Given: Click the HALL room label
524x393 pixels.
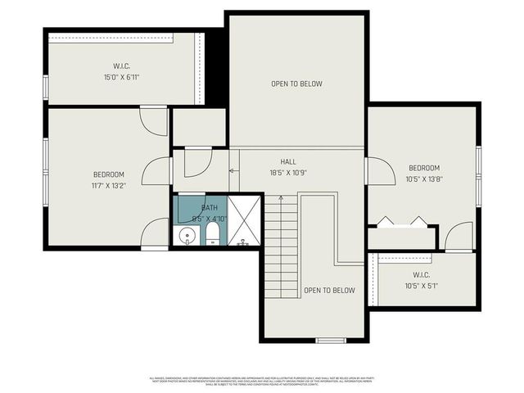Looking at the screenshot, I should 287,162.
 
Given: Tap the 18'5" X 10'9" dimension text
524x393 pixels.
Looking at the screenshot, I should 287,173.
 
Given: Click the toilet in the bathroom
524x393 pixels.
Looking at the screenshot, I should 212,237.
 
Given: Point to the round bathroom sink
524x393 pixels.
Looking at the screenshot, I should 187,237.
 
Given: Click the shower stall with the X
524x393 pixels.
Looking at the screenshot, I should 244,219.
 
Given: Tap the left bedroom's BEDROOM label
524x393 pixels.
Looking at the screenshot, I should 108,174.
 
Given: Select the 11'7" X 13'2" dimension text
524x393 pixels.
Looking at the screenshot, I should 108,186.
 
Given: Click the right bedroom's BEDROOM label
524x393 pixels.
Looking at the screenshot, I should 423,168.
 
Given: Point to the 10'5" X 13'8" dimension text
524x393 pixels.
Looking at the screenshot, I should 423,179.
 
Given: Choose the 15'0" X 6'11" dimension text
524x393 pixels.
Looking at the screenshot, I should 122,77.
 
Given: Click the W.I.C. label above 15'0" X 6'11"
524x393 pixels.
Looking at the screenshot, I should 122,65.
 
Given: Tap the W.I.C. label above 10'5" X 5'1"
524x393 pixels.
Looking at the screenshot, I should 422,274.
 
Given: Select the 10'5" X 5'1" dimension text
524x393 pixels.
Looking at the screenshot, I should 422,286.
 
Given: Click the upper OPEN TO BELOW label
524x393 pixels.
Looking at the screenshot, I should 296,84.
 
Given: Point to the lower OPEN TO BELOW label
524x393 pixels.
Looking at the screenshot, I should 329,291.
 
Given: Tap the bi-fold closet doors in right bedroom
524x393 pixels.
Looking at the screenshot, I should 401,222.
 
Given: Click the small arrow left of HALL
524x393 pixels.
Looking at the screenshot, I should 233,170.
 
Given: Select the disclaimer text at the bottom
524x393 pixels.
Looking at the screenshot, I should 261,381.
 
